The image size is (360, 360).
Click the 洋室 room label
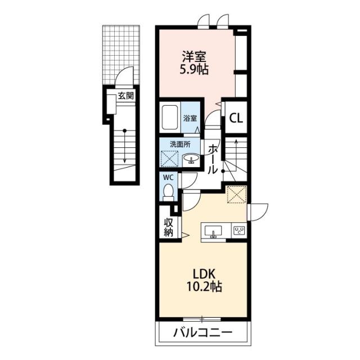pos(194,56)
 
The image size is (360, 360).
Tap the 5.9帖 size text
pos(194,69)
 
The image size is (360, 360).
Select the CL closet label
pos(236,119)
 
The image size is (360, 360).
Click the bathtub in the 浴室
pos(170,118)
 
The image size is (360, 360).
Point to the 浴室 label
pos(190,119)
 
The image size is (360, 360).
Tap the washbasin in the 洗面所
pos(191,159)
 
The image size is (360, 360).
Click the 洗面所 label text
pos(180,145)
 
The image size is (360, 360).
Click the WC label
pos(168,178)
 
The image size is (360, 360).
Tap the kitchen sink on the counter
pos(214,231)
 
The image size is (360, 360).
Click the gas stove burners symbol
pos(239,231)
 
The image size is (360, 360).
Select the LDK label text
pos(204,274)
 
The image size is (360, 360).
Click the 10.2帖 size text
pos(204,286)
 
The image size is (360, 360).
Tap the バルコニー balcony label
pos(202,333)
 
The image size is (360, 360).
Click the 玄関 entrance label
pos(126,96)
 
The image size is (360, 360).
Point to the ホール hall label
pos(213,159)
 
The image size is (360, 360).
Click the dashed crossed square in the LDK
pos(237,195)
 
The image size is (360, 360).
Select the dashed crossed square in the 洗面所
pos(170,159)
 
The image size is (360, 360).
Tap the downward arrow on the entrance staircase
pos(125,146)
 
